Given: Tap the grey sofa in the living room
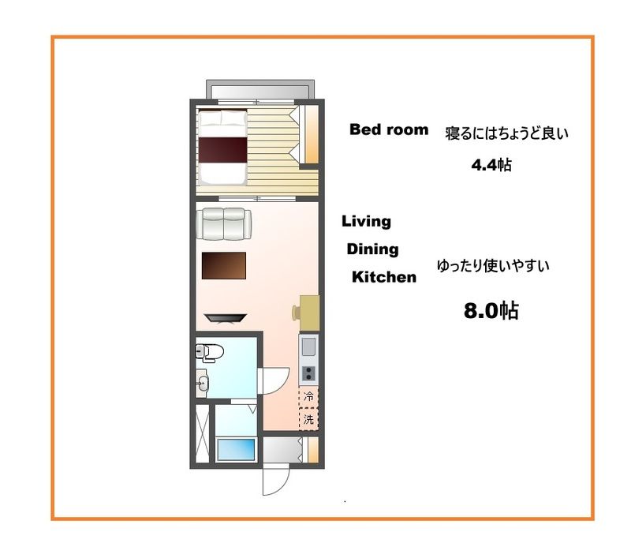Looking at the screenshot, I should coord(224,223).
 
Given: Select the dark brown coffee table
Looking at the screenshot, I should coord(224,265).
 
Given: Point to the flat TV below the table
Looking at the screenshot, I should coord(226,317).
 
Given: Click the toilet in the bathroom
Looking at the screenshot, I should coord(211,352).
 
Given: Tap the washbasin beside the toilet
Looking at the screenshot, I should coord(203,384).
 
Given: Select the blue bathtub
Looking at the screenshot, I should coord(236,449).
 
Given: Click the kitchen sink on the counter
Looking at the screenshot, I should coord(308,346).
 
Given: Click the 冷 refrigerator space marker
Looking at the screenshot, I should coord(309,396).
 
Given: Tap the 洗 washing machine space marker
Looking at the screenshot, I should coord(309,419).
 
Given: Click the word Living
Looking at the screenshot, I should coord(366,222).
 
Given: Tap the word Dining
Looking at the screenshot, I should coord(373,249).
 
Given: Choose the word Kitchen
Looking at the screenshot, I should coord(383,277).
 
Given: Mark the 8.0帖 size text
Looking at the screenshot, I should coord(490,311).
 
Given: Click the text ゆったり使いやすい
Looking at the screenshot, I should coord(493,266).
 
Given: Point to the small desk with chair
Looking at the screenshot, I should coord(308,310).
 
